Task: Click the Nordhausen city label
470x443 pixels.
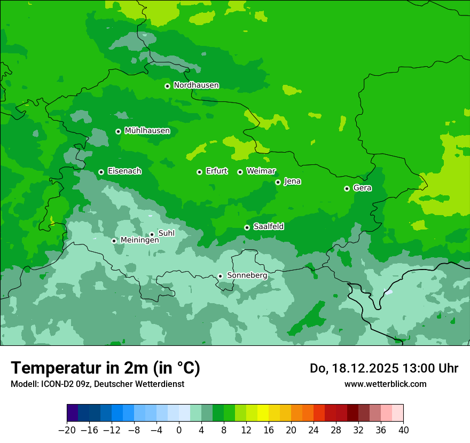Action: (196, 85)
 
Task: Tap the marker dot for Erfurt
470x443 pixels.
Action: (199, 172)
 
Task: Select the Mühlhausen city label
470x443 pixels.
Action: (147, 131)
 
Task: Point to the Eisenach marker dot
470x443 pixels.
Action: (101, 172)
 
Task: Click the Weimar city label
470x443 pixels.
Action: (261, 171)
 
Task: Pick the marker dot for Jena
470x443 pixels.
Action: (278, 182)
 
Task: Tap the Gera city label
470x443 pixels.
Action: (362, 188)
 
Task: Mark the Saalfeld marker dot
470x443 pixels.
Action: (247, 227)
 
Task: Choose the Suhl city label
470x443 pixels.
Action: (166, 233)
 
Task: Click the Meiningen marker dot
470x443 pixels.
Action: (114, 241)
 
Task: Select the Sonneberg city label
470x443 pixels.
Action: (247, 275)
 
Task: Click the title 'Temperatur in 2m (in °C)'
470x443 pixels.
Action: (105, 368)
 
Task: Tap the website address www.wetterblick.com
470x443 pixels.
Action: (385, 384)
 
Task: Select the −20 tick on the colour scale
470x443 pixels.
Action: (67, 430)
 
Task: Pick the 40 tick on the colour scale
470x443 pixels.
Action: (403, 430)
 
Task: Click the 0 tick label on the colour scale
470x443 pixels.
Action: (179, 430)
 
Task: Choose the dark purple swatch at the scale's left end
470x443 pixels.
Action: (72, 413)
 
